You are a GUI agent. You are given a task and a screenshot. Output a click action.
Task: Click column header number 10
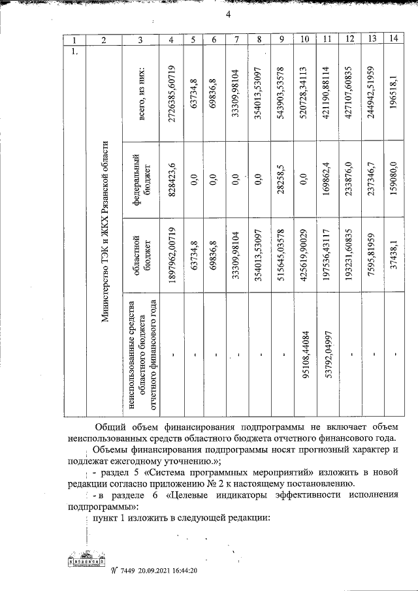pos(304,40)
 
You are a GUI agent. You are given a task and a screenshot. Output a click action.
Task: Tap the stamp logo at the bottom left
pos(86,563)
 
